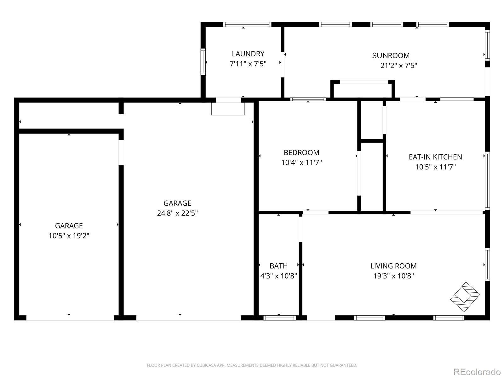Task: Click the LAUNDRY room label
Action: tap(248, 54)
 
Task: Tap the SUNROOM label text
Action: tap(391, 55)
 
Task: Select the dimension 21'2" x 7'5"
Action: tap(398, 66)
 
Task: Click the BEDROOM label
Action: tap(301, 152)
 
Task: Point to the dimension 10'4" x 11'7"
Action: tap(301, 163)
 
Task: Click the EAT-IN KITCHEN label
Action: tap(435, 157)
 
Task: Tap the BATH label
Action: tap(278, 266)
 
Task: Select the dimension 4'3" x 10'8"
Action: tap(278, 276)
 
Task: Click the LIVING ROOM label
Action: tap(393, 266)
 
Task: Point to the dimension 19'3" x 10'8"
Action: tap(393, 276)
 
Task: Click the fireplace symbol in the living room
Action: tap(465, 297)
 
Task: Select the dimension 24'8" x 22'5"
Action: tap(177, 213)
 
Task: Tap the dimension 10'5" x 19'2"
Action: tap(69, 236)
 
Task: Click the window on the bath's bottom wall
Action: tap(279, 318)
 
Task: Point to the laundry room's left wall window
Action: tap(203, 62)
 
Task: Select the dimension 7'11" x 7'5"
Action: tap(248, 64)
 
